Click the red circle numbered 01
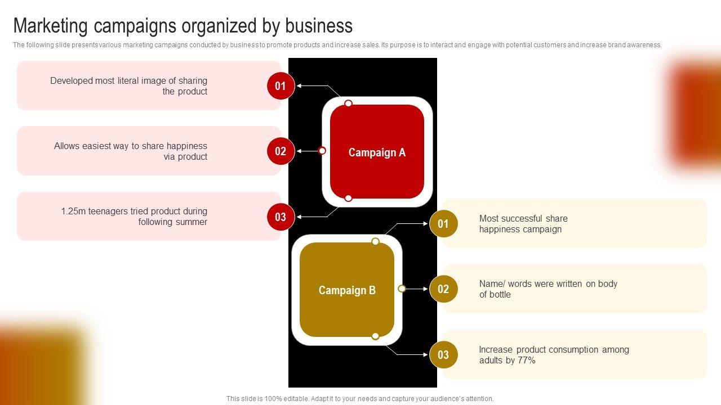click(281, 86)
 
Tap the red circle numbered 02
click(281, 151)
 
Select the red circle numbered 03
click(281, 217)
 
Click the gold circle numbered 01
click(443, 224)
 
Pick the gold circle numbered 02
click(443, 289)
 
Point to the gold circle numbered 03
click(443, 354)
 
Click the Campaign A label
click(377, 152)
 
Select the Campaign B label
click(347, 290)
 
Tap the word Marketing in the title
click(51, 26)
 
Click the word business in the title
click(319, 26)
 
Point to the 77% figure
click(526, 361)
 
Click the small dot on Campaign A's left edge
click(322, 151)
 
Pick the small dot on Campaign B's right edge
click(402, 289)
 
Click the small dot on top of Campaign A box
click(349, 103)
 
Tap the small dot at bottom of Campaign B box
click(375, 336)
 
